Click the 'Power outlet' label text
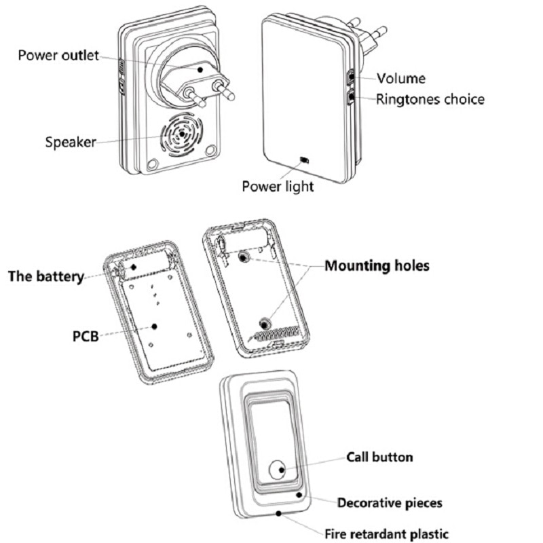tap(58, 54)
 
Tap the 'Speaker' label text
tap(71, 142)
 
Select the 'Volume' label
tap(401, 78)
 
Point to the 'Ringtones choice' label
tap(430, 99)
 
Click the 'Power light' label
tap(278, 185)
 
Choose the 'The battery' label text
tap(45, 276)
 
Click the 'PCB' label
tap(86, 335)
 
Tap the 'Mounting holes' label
tap(377, 265)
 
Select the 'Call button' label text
tap(379, 457)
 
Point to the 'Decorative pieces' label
tap(390, 503)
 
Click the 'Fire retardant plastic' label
tap(386, 533)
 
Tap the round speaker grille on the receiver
tap(181, 135)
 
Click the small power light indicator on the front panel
tap(305, 161)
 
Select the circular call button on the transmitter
tap(278, 469)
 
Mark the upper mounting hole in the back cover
tap(244, 256)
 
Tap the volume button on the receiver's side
tap(352, 75)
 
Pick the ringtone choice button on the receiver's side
tap(352, 98)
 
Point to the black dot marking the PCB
tap(155, 326)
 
